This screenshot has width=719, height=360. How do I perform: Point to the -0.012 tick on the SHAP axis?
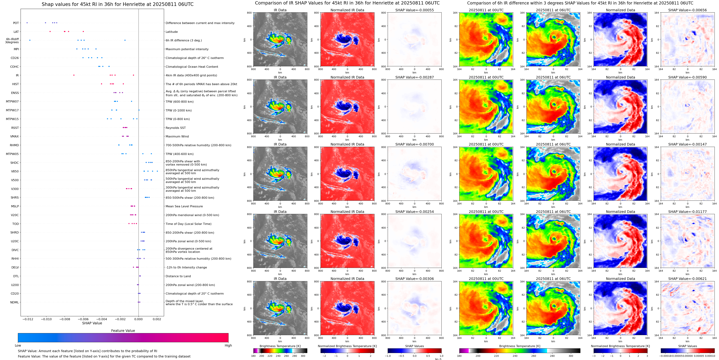[x=27, y=319]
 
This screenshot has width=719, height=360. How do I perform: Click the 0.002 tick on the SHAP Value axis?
[x=157, y=319]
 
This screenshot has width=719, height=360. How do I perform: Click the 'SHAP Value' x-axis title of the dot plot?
[x=92, y=323]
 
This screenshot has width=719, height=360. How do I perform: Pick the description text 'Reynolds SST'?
[x=175, y=128]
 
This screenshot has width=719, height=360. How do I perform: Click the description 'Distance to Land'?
[x=178, y=276]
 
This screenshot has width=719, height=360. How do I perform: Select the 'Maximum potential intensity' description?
[x=187, y=49]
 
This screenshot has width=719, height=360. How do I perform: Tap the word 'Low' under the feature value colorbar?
[x=18, y=345]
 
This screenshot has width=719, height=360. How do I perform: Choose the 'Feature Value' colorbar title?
[x=123, y=331]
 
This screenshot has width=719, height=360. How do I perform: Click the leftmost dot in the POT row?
[x=27, y=23]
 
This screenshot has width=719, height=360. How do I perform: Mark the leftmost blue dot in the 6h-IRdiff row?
[x=30, y=40]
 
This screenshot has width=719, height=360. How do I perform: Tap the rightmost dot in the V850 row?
[x=157, y=171]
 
